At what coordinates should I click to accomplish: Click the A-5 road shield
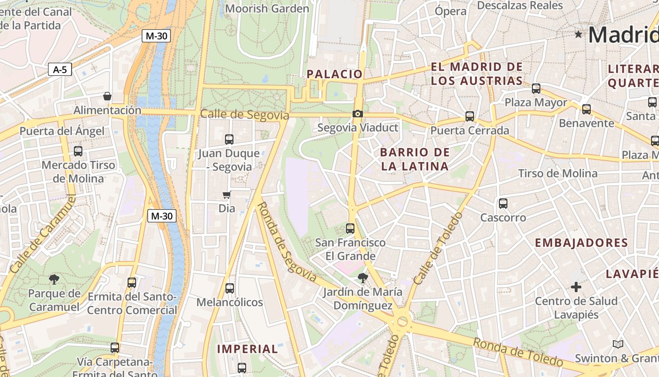click(x=60, y=70)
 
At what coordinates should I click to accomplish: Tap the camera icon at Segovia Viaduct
click(x=357, y=114)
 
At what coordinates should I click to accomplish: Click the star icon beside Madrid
click(x=579, y=34)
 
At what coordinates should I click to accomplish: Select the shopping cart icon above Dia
click(x=227, y=195)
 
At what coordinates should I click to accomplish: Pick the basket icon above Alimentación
click(x=107, y=96)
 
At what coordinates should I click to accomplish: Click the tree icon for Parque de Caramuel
click(x=54, y=279)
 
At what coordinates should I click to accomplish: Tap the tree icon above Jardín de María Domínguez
click(x=362, y=278)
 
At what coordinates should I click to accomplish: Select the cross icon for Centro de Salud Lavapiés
click(x=576, y=287)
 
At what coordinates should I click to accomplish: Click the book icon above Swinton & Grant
click(x=618, y=344)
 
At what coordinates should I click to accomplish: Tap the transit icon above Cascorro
click(x=503, y=204)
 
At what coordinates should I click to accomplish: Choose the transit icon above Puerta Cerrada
click(x=469, y=116)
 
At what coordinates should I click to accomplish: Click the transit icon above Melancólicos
click(x=230, y=288)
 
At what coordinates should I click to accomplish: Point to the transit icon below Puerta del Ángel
click(x=78, y=151)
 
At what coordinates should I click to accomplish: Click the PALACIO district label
click(x=335, y=74)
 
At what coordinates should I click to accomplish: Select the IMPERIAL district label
click(x=248, y=349)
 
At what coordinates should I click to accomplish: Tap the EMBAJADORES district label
click(x=581, y=243)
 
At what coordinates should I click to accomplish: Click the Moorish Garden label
click(x=267, y=8)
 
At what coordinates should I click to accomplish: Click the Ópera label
click(x=450, y=11)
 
